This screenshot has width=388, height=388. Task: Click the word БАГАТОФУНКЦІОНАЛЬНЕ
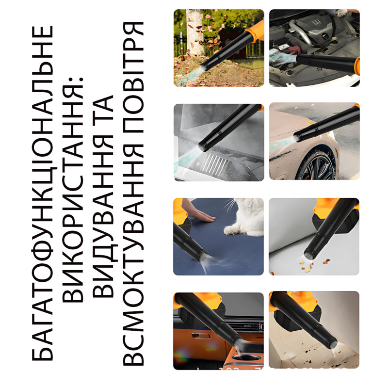(42, 193)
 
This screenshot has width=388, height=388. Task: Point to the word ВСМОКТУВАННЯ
(133, 255)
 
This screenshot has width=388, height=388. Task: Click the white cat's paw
(231, 230)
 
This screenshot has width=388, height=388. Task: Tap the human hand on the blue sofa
(198, 213)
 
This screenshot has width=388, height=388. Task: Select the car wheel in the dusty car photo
(318, 164)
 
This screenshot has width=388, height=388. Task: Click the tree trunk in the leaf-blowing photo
(194, 32)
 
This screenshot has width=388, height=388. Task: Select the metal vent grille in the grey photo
(215, 162)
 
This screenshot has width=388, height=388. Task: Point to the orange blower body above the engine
(357, 66)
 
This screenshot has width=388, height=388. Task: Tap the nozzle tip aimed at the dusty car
(297, 138)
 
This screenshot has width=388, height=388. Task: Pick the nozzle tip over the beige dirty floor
(333, 344)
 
